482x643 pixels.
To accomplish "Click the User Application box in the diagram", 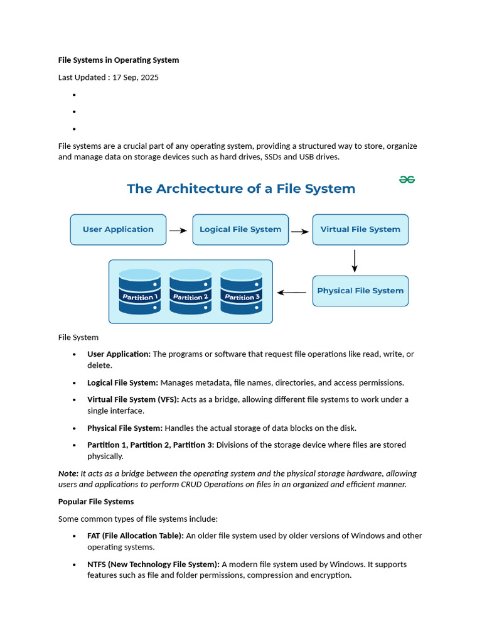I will click(x=118, y=230).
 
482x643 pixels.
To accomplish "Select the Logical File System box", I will click(x=240, y=230).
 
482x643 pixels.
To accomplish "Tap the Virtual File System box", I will click(x=360, y=230).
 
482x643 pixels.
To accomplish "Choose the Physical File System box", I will click(x=360, y=291).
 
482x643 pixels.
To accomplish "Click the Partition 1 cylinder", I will click(x=139, y=293).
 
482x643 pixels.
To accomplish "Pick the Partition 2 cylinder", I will click(x=190, y=293).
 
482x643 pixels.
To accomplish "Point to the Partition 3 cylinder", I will click(x=242, y=293).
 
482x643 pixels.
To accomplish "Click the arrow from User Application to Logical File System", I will click(x=179, y=230).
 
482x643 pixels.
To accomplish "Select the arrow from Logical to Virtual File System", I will click(x=301, y=231).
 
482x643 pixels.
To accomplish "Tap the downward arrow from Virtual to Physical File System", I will click(x=355, y=261).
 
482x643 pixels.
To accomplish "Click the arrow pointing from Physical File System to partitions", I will click(x=292, y=292).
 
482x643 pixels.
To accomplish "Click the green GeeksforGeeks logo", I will click(x=407, y=180).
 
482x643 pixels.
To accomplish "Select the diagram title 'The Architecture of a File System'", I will click(x=241, y=188).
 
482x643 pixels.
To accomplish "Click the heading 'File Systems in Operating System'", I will click(x=119, y=60).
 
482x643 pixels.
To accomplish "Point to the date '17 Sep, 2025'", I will click(x=136, y=77).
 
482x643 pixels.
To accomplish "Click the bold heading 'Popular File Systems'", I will click(x=96, y=502).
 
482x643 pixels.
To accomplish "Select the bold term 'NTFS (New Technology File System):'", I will click(x=153, y=564).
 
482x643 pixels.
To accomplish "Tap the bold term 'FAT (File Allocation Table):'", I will click(x=135, y=536).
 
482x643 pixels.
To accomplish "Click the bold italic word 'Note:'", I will click(x=68, y=473).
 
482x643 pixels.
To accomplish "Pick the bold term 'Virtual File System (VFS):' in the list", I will click(x=133, y=399).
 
